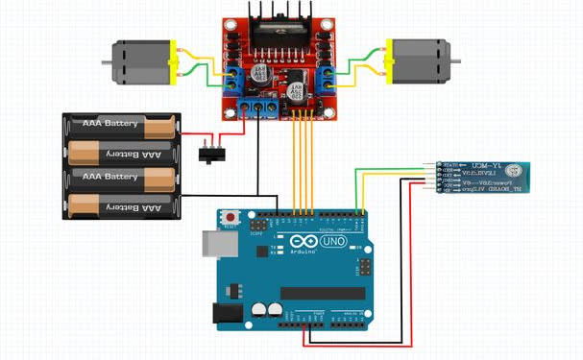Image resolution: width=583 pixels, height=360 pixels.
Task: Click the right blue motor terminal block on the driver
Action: click(x=324, y=78)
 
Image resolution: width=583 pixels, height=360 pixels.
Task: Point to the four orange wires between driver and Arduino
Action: click(x=302, y=163)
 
